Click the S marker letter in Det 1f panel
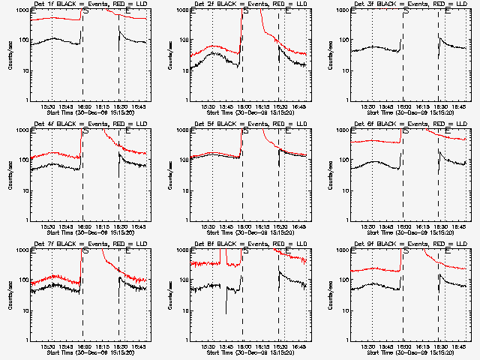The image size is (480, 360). (x=85, y=12)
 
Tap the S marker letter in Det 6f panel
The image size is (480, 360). (x=406, y=132)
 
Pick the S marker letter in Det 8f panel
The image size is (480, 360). (x=245, y=252)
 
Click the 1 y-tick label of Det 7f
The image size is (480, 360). (x=26, y=340)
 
